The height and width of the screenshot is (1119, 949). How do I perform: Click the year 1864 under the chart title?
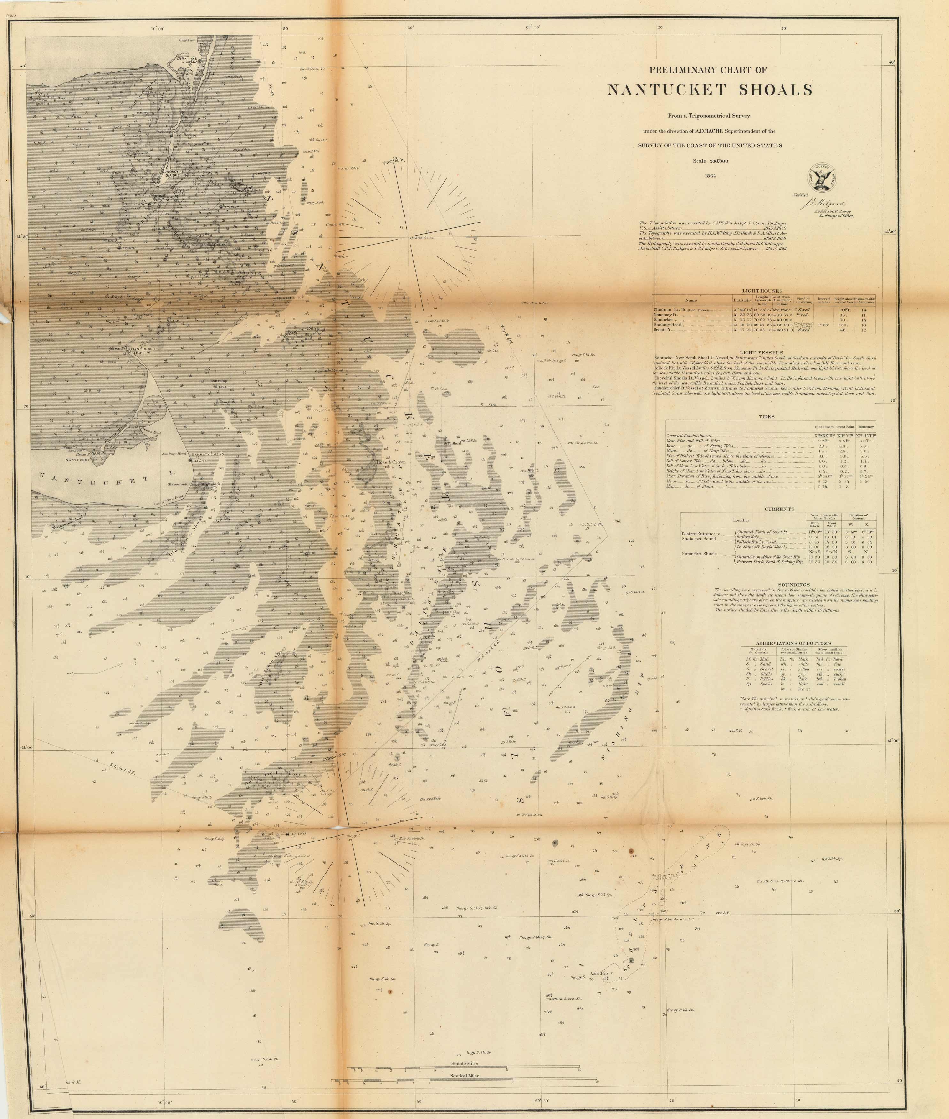coord(710,176)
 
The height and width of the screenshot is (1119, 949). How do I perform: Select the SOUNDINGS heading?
coord(793,584)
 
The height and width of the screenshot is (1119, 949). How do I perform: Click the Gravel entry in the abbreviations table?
coord(758,669)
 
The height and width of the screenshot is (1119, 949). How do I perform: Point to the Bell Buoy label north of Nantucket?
coord(72,425)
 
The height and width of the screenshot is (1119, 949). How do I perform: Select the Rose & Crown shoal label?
coord(391,462)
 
